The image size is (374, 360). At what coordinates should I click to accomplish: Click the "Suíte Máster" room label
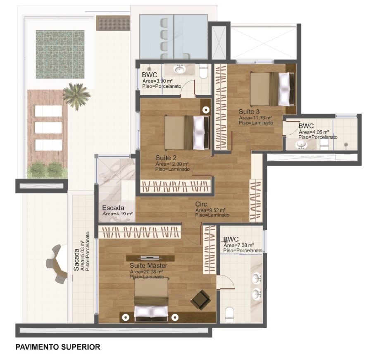coord(148,265)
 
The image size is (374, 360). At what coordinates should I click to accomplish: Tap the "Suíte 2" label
coord(166,158)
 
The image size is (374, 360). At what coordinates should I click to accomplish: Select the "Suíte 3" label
coord(249,112)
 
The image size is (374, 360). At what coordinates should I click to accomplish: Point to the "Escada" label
coord(113,207)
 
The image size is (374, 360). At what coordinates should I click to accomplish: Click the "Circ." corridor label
coord(202,204)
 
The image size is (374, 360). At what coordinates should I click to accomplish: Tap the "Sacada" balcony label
coord(76,260)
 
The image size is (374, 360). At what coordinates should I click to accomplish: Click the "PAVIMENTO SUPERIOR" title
coord(58,347)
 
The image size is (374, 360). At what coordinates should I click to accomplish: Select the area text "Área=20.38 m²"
coord(146,272)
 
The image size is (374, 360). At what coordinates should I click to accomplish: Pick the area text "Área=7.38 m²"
coord(238,245)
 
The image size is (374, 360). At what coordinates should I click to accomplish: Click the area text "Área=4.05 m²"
coord(314,132)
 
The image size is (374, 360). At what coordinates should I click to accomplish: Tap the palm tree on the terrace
coord(76,95)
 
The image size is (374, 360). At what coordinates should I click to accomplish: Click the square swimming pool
coord(60,54)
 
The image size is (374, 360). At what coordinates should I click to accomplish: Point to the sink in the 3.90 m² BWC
coord(179,69)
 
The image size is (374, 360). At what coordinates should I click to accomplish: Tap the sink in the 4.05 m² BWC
coord(301,145)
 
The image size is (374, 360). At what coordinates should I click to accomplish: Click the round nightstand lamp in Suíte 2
coord(206,110)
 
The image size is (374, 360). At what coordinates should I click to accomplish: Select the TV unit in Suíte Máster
coord(150,258)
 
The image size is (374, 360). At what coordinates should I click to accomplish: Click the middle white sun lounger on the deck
coord(48,128)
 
